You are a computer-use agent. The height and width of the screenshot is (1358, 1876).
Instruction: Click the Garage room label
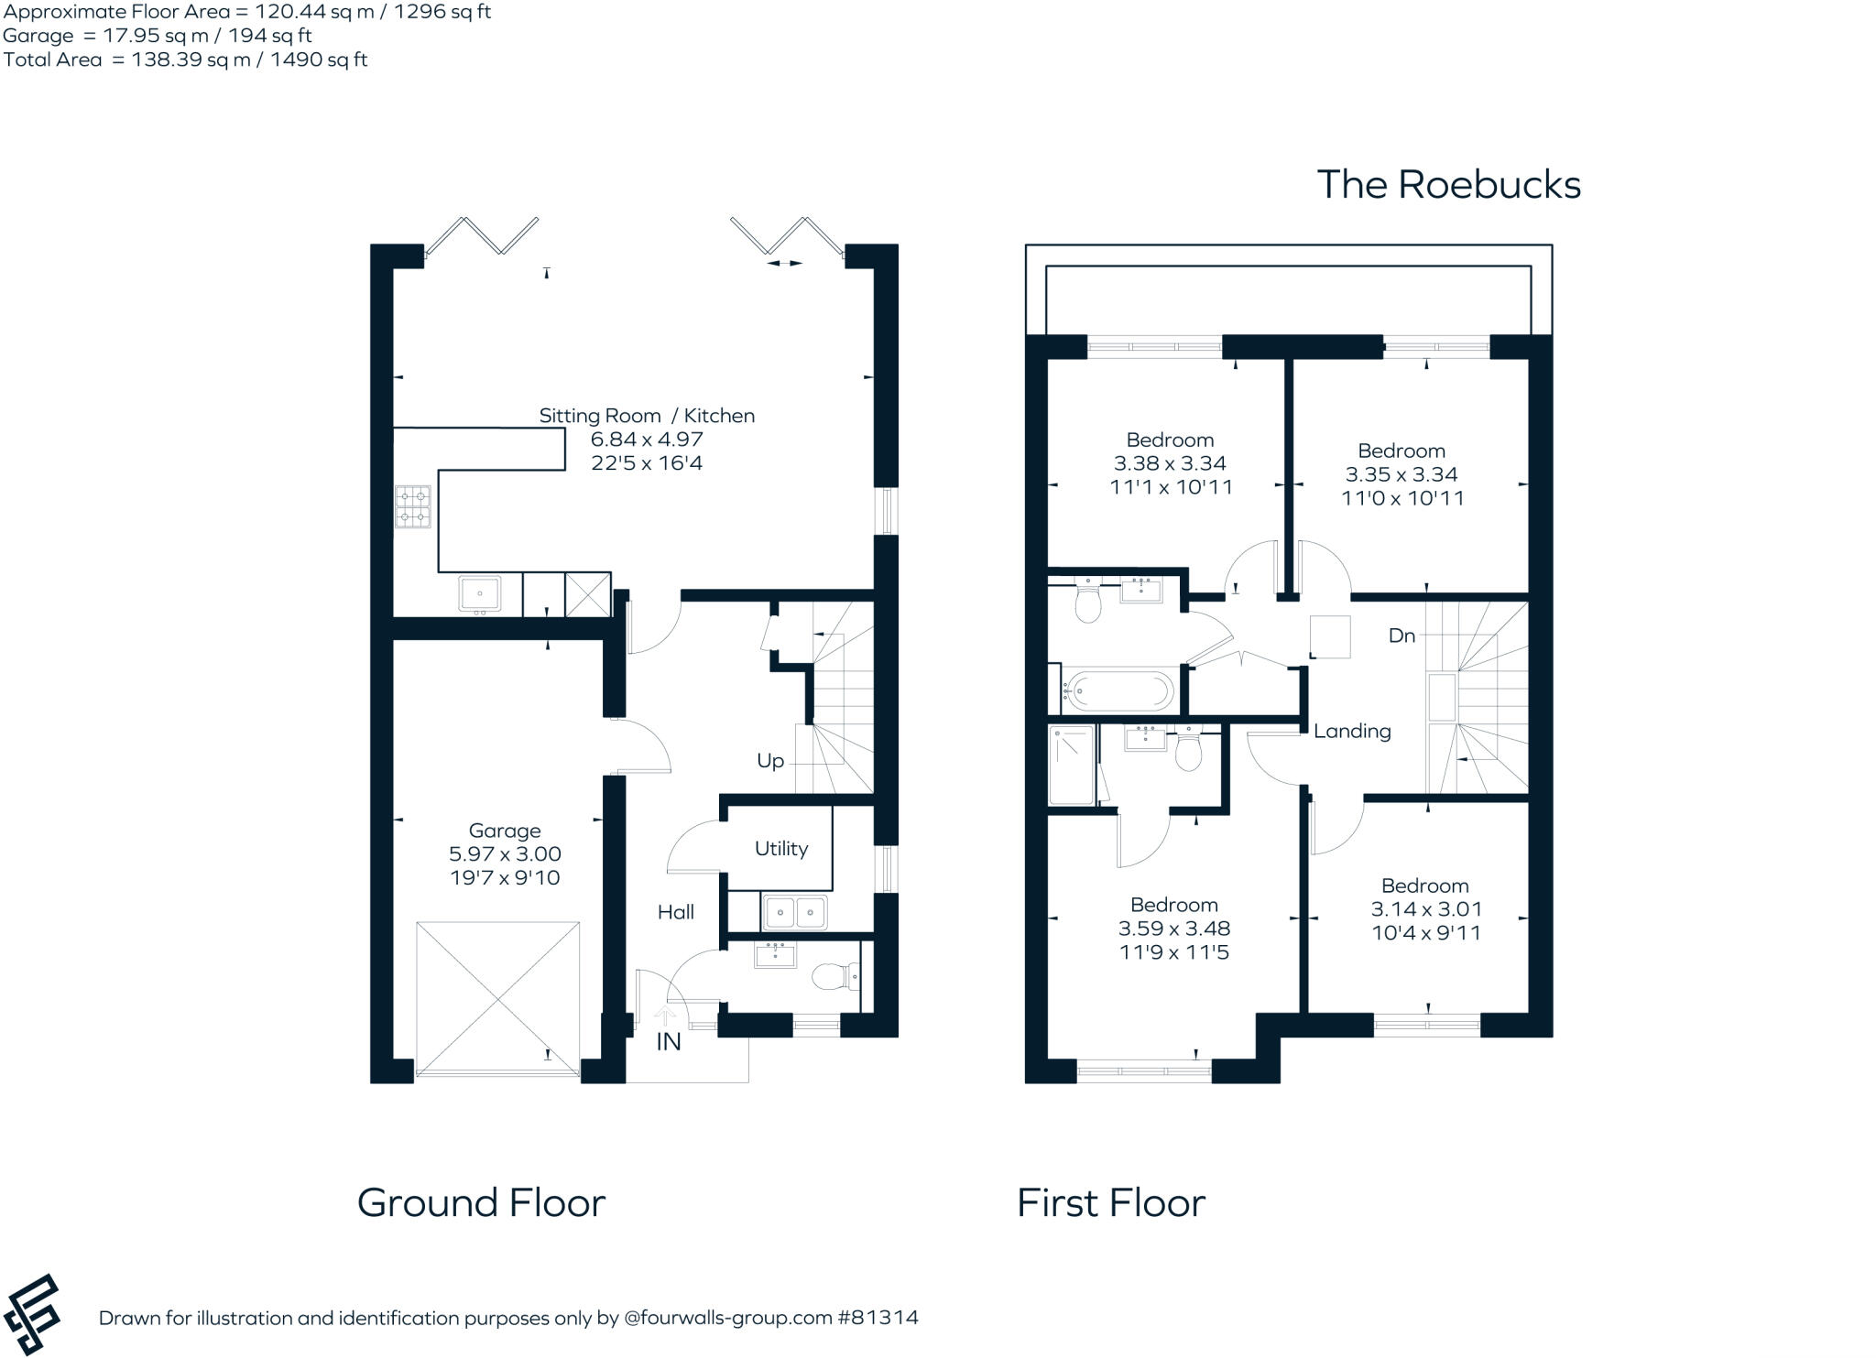coord(504,831)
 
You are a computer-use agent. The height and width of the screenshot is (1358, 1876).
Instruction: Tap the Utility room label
coord(780,849)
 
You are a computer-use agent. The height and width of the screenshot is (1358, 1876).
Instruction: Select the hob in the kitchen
coord(412,507)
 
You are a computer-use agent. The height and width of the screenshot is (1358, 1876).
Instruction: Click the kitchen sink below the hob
coord(479,594)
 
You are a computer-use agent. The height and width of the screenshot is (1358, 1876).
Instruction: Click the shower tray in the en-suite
coord(1071,766)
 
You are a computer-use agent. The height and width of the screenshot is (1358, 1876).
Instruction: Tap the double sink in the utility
coord(794,913)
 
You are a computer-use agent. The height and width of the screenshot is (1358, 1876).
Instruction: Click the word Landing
coord(1352,731)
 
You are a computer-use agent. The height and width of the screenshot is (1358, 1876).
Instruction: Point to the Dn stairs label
coord(1402,636)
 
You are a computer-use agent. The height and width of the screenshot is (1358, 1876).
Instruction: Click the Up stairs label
coord(769,761)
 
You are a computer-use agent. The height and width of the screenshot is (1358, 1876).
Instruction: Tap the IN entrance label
coord(668,1042)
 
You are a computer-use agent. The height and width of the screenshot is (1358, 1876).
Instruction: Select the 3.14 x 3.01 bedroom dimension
coord(1425,909)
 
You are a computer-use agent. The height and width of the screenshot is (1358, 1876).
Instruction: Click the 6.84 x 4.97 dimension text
coord(647,440)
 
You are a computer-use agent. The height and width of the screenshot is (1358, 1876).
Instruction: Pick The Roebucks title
coord(1448,185)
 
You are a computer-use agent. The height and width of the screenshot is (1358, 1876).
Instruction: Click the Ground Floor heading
coord(481,1202)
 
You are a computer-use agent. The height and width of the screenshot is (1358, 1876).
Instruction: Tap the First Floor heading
coord(1110,1202)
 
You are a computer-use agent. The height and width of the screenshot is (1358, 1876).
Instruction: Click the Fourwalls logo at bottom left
coord(32,1314)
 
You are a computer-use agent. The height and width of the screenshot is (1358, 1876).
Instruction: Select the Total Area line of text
coord(185,60)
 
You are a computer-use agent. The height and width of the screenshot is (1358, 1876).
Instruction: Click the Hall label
coord(675,912)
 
